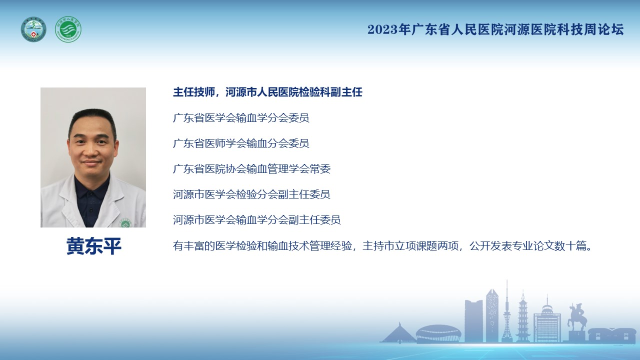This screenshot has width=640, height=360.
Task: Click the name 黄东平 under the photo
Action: pos(94,246)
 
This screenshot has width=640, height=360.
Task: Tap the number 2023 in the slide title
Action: pos(382,29)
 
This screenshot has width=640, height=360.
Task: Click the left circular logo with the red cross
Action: pos(33,29)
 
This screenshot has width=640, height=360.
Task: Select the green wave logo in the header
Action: pos(68,29)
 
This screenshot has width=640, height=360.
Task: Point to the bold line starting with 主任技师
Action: pos(267,92)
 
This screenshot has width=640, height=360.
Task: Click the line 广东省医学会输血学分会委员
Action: pos(241,117)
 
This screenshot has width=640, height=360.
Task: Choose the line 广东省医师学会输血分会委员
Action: pos(241,143)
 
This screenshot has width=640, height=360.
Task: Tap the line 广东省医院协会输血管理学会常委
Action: pos(251,169)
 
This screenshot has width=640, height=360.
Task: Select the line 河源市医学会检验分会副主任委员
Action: pos(251,194)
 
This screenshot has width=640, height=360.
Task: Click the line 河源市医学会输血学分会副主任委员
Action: pos(257,219)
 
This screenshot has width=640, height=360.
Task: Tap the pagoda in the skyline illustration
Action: pos(523,316)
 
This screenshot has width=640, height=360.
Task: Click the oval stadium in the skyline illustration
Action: pos(438,333)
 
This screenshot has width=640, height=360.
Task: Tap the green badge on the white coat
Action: pos(125,223)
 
